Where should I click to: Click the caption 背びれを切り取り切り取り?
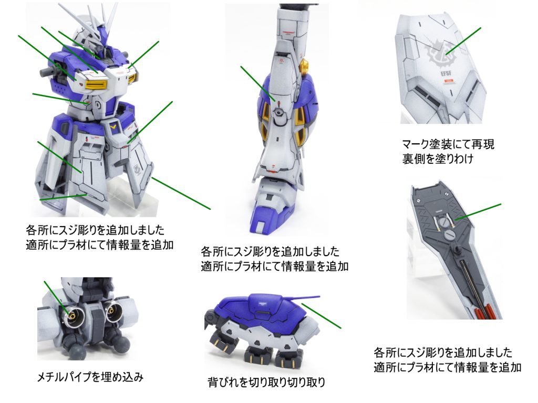266,382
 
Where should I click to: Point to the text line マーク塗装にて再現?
448,144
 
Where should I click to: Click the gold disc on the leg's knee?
304,65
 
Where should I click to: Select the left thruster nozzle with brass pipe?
75,314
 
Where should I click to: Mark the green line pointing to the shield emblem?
463,41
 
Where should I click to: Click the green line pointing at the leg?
257,83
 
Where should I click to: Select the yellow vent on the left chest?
97,83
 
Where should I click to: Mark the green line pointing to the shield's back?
478,212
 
